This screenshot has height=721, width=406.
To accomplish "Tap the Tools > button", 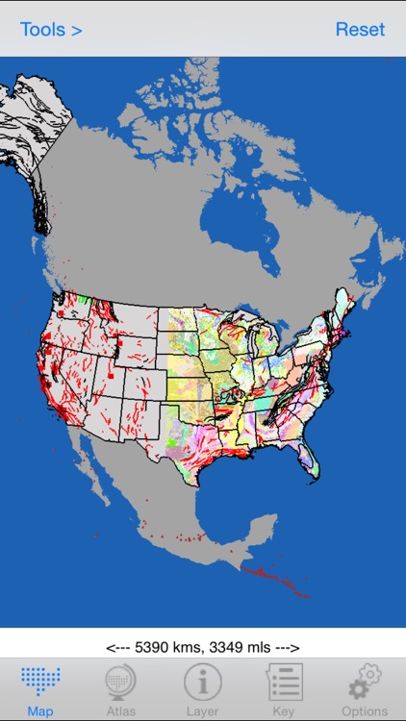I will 51,29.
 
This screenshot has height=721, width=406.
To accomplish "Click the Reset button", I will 361,29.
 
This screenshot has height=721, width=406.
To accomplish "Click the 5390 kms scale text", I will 203,648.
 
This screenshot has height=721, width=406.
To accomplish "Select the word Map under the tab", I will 39,711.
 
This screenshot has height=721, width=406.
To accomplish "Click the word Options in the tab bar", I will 365,711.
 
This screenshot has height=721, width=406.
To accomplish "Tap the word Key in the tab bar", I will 284,711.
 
